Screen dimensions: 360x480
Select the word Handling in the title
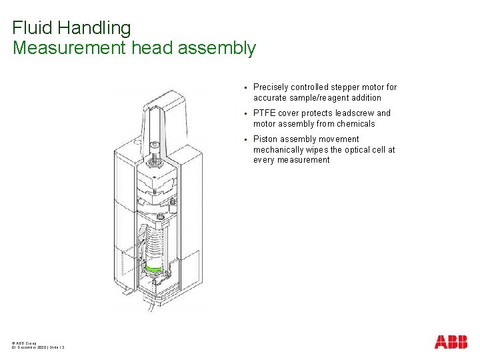pos(94,28)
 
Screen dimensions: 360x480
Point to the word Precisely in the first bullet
pos(271,87)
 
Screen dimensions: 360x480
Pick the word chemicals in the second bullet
pos(355,124)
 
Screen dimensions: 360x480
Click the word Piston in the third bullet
pos(265,139)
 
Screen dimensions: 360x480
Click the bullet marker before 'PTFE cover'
pos(246,113)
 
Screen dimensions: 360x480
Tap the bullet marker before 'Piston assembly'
pos(246,139)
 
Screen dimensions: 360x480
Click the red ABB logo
pos(451,342)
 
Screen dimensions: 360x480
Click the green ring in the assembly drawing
pos(155,269)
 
